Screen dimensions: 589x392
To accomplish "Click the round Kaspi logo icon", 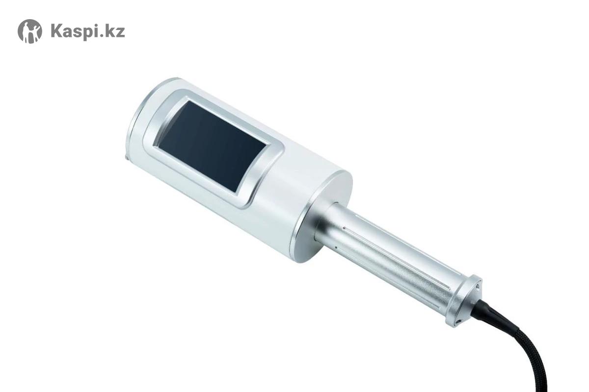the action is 30,31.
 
